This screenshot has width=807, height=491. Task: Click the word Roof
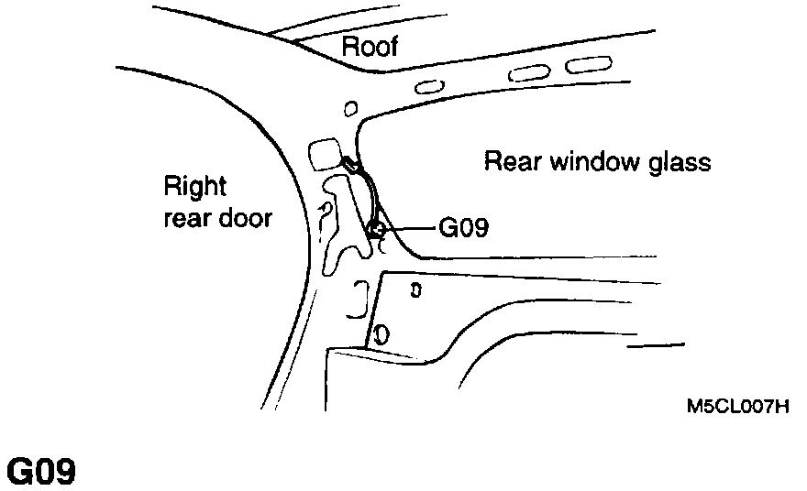click(370, 47)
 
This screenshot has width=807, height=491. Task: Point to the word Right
click(194, 188)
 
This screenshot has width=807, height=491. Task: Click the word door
click(246, 219)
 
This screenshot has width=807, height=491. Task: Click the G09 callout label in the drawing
click(462, 226)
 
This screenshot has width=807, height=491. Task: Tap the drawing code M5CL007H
click(737, 406)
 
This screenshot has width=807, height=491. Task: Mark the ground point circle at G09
click(376, 228)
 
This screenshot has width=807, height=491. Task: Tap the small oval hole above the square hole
click(348, 111)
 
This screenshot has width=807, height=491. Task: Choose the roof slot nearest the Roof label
click(429, 87)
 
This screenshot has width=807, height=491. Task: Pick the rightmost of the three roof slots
click(581, 65)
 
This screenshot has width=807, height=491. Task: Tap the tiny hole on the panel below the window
click(416, 291)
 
